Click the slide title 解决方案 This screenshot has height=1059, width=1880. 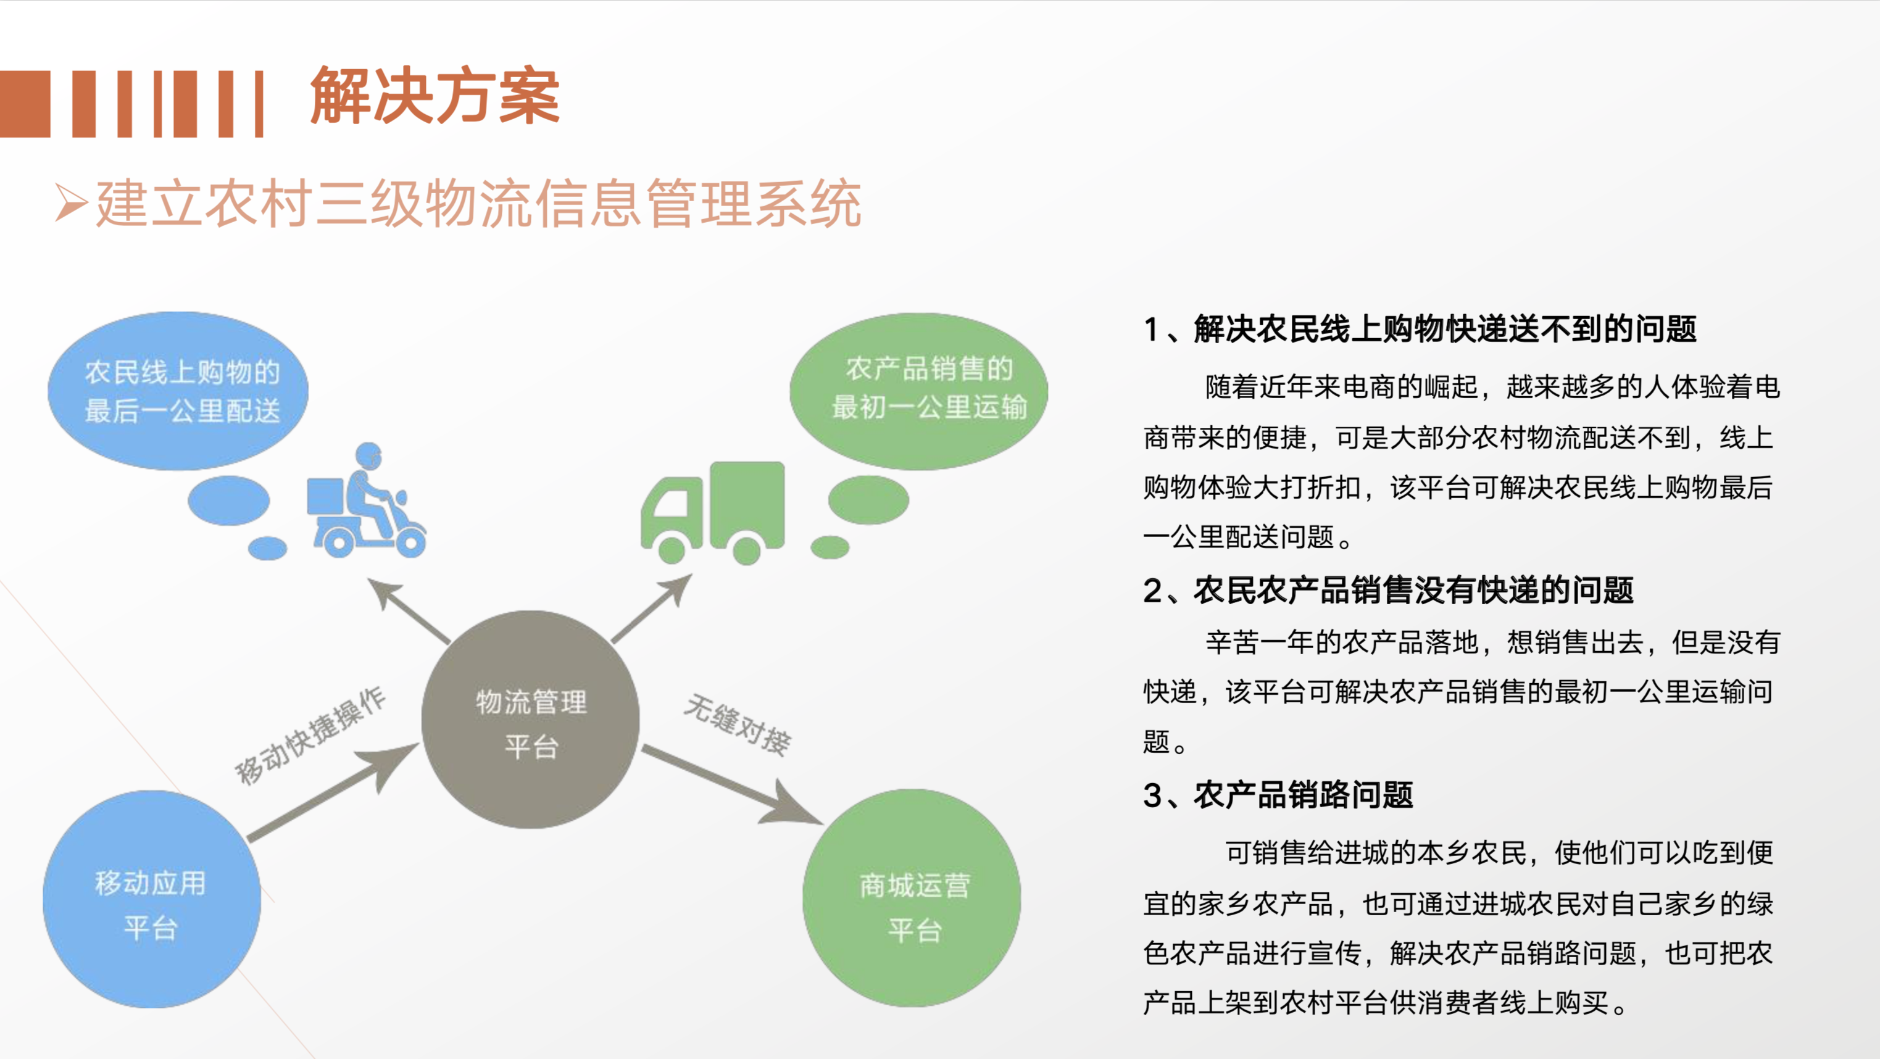coord(435,96)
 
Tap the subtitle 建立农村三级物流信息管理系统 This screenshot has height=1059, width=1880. coord(479,203)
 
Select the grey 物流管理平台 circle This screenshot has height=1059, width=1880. coord(531,720)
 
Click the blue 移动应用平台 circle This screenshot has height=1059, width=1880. coord(152,899)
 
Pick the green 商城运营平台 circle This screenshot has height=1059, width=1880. coord(912,899)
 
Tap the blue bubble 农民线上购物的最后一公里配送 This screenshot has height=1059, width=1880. coord(178,391)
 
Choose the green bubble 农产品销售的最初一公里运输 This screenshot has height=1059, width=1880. coord(919,391)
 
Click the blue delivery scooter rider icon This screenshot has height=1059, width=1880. coord(367,500)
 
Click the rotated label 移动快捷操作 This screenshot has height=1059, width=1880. coord(310,736)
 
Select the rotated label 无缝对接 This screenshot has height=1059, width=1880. coord(737,725)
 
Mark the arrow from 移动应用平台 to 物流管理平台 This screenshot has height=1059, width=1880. coord(333,792)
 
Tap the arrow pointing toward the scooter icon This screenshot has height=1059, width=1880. coord(409,611)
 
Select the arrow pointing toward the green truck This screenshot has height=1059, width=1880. coord(652,608)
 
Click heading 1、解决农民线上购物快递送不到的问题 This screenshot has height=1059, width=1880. coord(1420,329)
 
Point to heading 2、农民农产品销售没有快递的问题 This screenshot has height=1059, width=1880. coord(1389,591)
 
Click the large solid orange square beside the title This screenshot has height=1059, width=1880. coord(25,104)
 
